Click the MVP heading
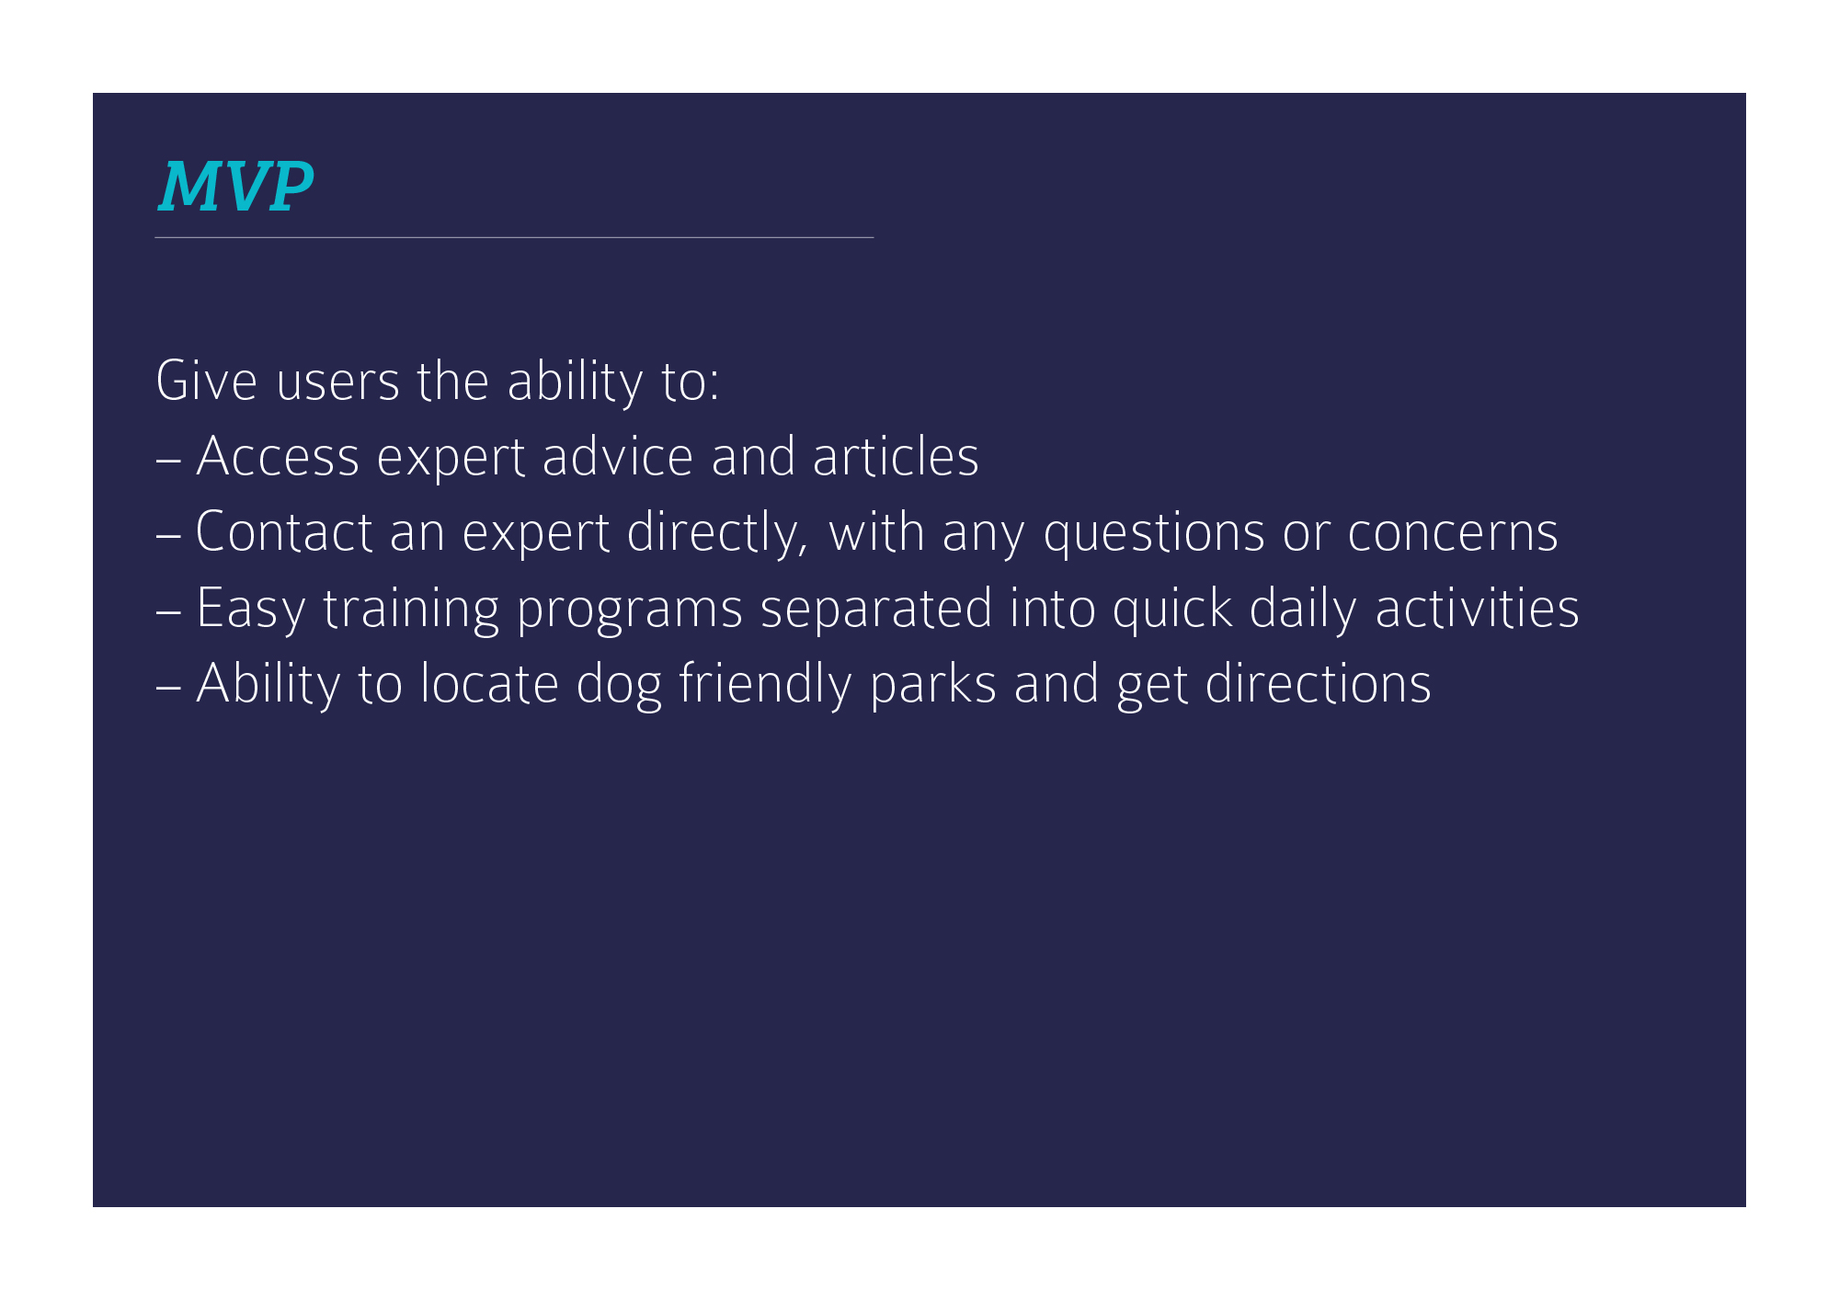(x=236, y=188)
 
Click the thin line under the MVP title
(x=514, y=237)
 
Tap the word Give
(x=206, y=381)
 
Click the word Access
(x=278, y=457)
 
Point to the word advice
(x=617, y=456)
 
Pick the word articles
(x=896, y=456)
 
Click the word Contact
(x=284, y=532)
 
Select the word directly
(x=717, y=533)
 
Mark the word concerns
(x=1453, y=533)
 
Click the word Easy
(x=251, y=610)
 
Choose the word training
(x=411, y=610)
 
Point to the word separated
(x=876, y=610)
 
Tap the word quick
(x=1172, y=610)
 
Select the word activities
(x=1477, y=609)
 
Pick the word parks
(x=933, y=685)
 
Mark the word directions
(x=1319, y=684)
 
